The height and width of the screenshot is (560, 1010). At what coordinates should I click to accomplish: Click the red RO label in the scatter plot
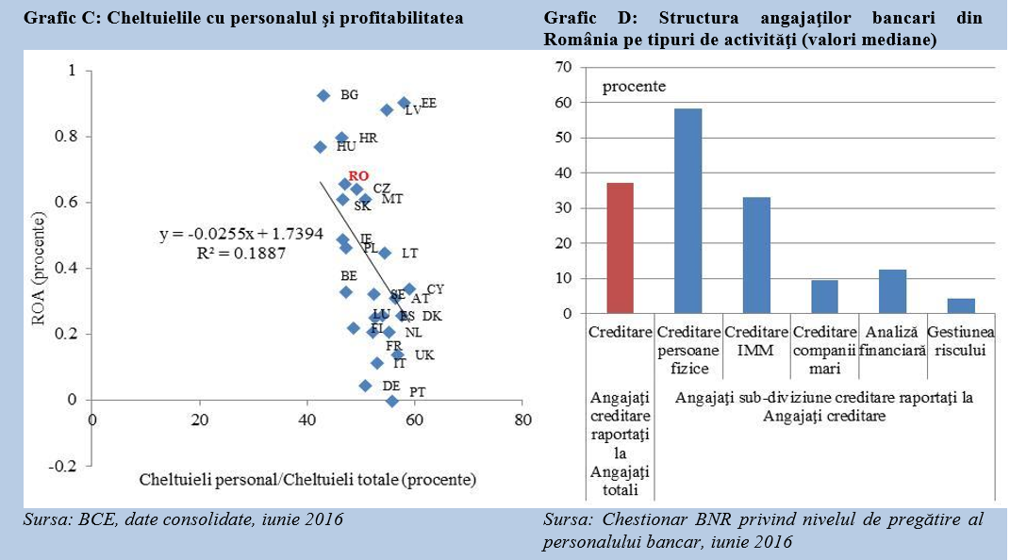click(x=358, y=175)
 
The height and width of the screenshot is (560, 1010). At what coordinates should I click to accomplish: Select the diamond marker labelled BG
click(x=323, y=95)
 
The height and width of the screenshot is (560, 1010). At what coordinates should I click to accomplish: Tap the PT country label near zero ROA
click(x=417, y=391)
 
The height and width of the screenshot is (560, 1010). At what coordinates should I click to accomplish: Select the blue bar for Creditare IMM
click(x=755, y=255)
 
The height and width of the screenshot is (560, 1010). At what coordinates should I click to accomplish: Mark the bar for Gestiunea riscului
click(x=960, y=305)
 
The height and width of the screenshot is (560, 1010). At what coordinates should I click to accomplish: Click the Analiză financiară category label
click(x=892, y=341)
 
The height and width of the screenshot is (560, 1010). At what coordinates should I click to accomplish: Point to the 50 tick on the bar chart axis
click(x=564, y=138)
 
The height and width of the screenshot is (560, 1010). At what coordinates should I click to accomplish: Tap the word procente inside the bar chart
click(x=634, y=86)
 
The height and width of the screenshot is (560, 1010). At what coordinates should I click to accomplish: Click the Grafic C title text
click(x=242, y=18)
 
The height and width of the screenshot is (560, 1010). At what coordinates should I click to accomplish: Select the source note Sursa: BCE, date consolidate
click(x=182, y=519)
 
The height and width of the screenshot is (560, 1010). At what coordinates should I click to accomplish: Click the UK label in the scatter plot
click(x=424, y=355)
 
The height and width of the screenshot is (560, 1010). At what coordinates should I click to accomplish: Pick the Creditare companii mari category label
click(x=824, y=350)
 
